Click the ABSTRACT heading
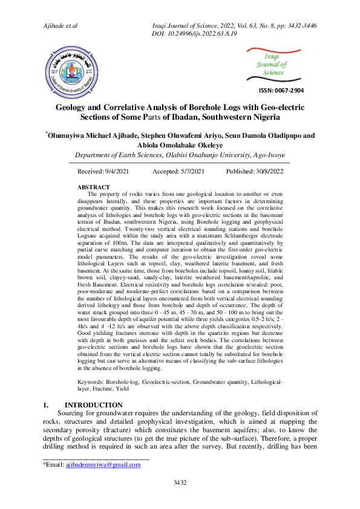pos(94,187)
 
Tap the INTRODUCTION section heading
pos(94,405)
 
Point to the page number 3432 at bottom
pos(180,482)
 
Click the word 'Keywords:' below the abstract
pos(91,383)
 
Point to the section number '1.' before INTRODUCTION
pos(46,405)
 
